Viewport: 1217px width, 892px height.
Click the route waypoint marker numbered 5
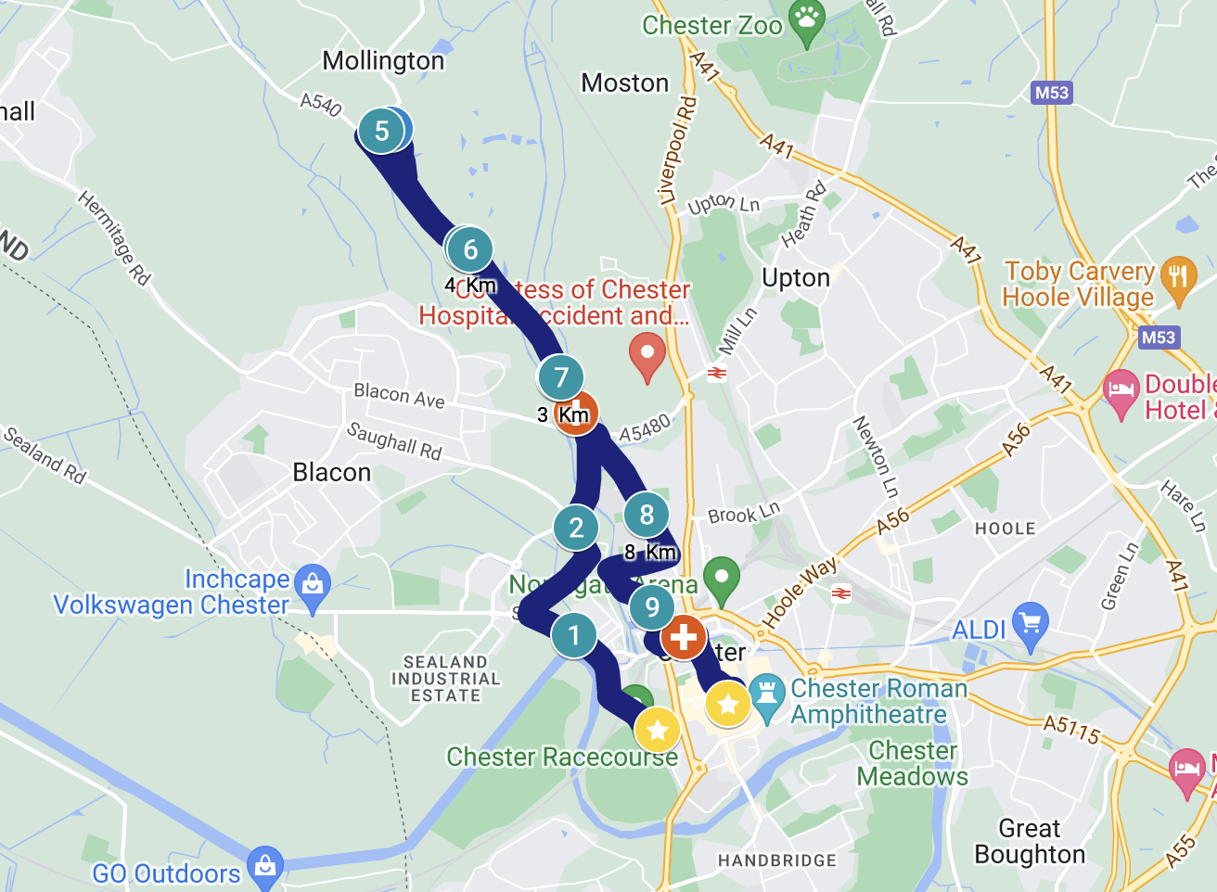tap(381, 131)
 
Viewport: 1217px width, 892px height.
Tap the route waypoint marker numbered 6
tap(470, 249)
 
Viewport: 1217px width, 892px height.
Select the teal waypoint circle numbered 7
tap(560, 377)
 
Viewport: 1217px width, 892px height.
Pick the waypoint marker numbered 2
tap(576, 528)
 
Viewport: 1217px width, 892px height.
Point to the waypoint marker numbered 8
tap(647, 515)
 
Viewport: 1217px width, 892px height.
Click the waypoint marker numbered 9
tap(652, 607)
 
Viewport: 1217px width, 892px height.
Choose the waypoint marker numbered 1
tap(574, 636)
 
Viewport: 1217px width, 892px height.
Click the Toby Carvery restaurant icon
tap(1178, 277)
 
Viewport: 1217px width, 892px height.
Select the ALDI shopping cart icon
tap(1031, 624)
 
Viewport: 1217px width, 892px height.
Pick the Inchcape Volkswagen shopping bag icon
tap(313, 585)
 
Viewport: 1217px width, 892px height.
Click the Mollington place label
tap(383, 61)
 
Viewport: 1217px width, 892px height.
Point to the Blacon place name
tap(331, 473)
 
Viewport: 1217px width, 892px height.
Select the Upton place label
tap(795, 278)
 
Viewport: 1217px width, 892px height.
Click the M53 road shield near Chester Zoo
tap(1051, 93)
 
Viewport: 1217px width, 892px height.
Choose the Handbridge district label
tap(776, 860)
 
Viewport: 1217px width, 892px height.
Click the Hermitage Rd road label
tap(113, 237)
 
